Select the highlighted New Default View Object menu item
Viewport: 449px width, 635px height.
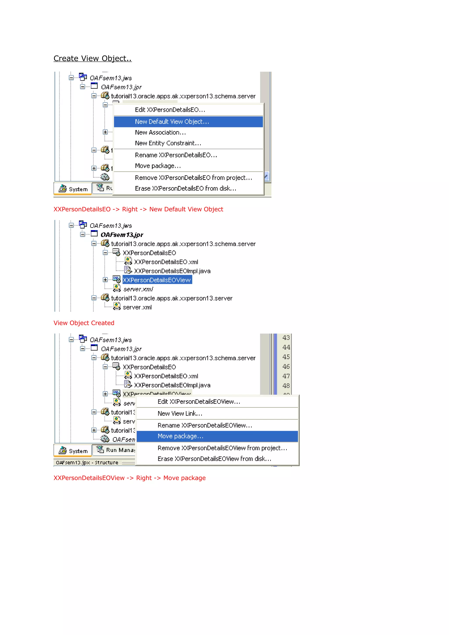[x=172, y=122]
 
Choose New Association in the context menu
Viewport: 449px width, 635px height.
[x=160, y=133]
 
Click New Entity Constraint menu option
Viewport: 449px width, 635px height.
[x=168, y=143]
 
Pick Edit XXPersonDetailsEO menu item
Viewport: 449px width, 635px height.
[x=170, y=110]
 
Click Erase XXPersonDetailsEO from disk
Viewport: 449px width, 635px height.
[x=185, y=189]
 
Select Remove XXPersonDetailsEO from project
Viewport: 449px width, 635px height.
[x=193, y=178]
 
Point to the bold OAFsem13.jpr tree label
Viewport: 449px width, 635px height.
[x=122, y=235]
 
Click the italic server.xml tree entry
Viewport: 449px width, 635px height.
[x=138, y=289]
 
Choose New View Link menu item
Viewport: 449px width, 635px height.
[x=180, y=413]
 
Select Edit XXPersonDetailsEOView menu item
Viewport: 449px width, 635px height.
[x=199, y=402]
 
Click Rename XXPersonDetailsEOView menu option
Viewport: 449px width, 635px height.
[x=205, y=425]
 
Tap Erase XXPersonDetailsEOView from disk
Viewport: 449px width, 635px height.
[x=214, y=459]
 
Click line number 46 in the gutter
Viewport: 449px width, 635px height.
[x=286, y=366]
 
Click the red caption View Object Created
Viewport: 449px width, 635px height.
[x=84, y=323]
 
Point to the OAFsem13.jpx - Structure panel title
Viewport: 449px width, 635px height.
[x=87, y=462]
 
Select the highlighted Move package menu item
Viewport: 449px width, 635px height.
[x=180, y=436]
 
